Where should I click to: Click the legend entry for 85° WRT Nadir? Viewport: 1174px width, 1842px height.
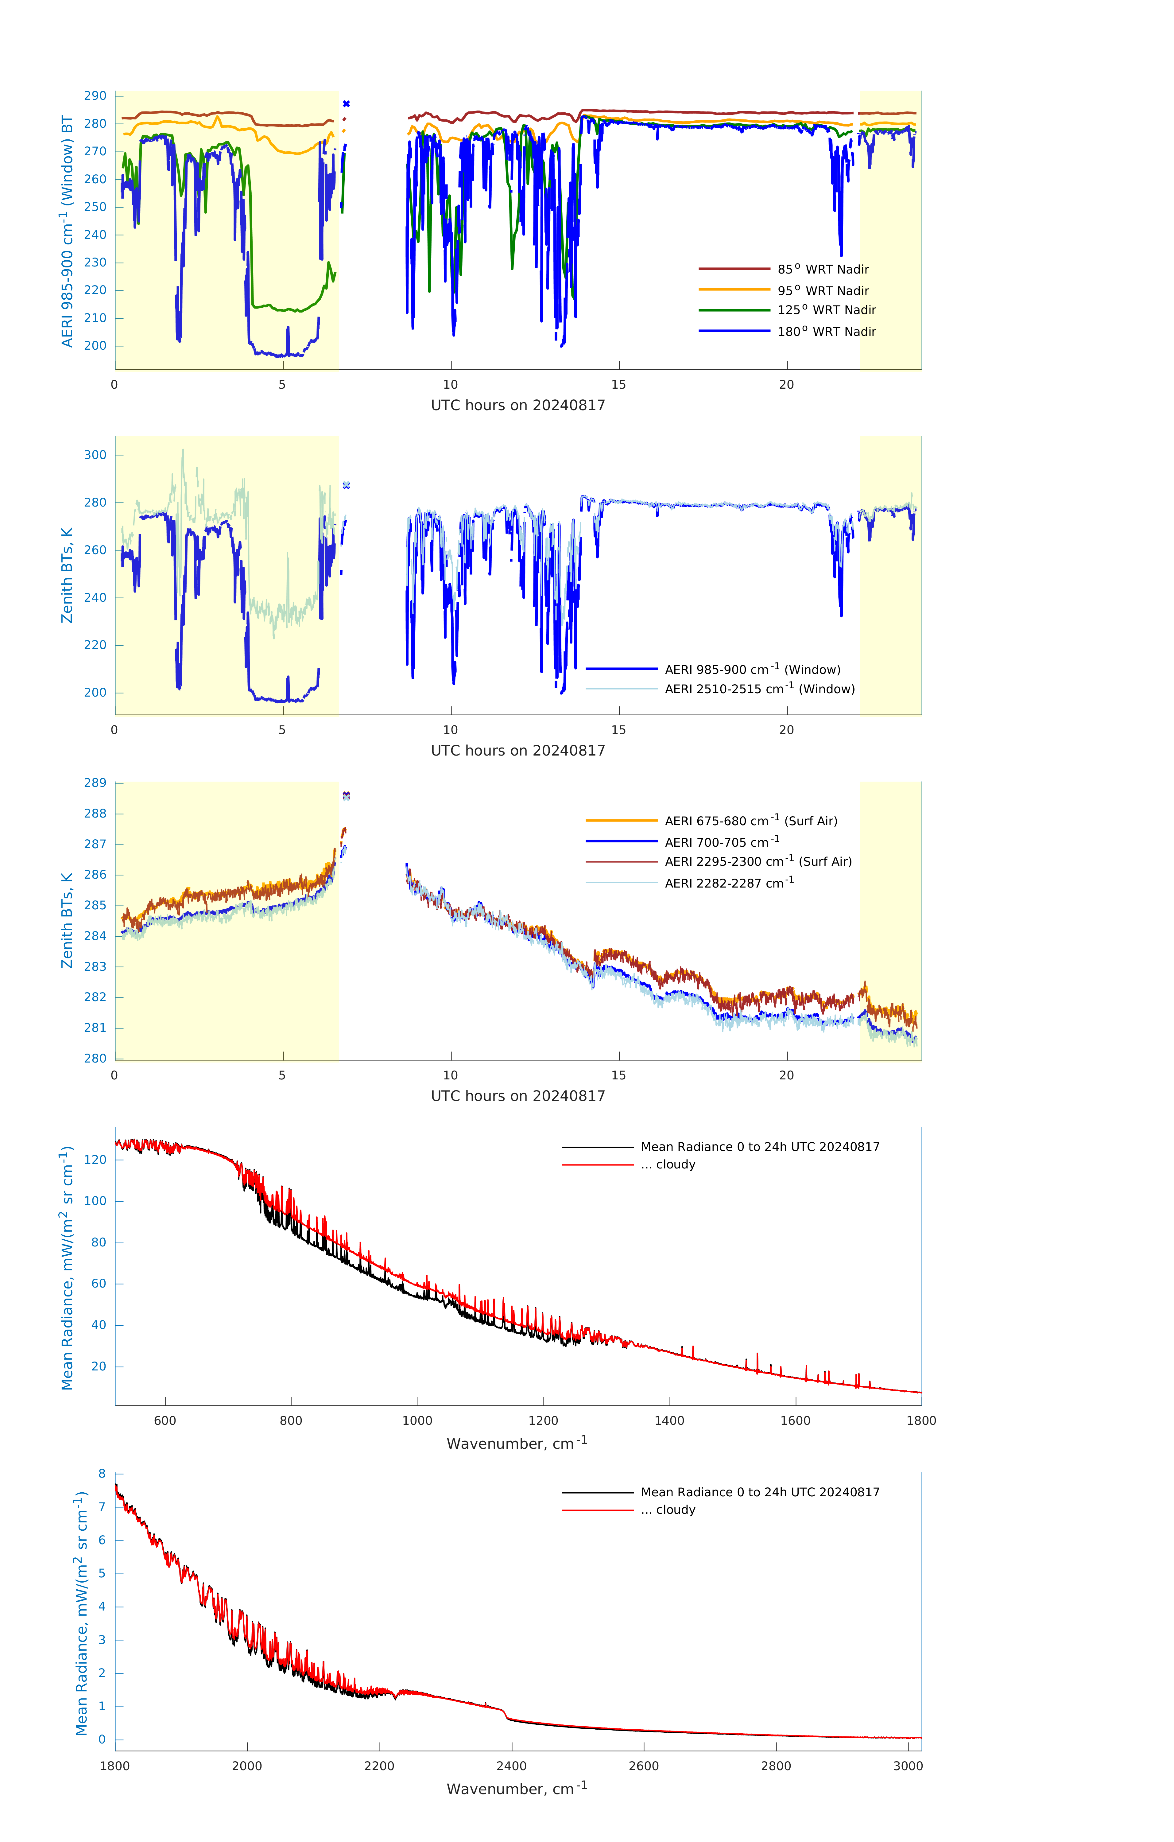click(x=823, y=269)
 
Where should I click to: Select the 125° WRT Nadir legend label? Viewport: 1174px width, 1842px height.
click(x=826, y=310)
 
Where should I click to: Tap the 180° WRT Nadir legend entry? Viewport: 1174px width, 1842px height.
click(x=826, y=331)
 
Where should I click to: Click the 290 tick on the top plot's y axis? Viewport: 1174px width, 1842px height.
click(x=95, y=95)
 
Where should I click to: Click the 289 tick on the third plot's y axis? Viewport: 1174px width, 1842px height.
click(x=95, y=783)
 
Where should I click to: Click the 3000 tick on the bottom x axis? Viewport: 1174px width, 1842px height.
click(x=908, y=1766)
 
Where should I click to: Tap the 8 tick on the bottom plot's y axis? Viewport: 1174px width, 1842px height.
click(x=102, y=1473)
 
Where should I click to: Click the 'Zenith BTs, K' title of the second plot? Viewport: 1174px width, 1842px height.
click(x=67, y=575)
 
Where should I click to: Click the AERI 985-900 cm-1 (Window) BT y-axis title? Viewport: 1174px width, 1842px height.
click(x=67, y=231)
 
